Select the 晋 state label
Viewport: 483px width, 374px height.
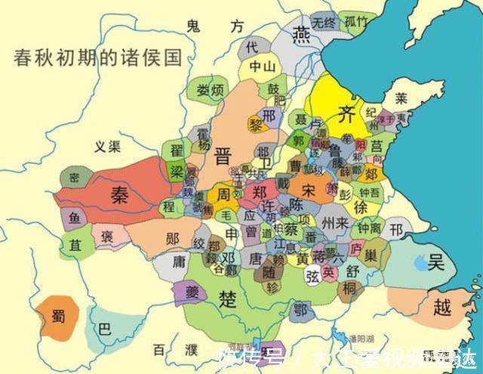click(x=223, y=156)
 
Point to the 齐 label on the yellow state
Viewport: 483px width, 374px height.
click(x=345, y=115)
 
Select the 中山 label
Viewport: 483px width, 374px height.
click(x=261, y=66)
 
